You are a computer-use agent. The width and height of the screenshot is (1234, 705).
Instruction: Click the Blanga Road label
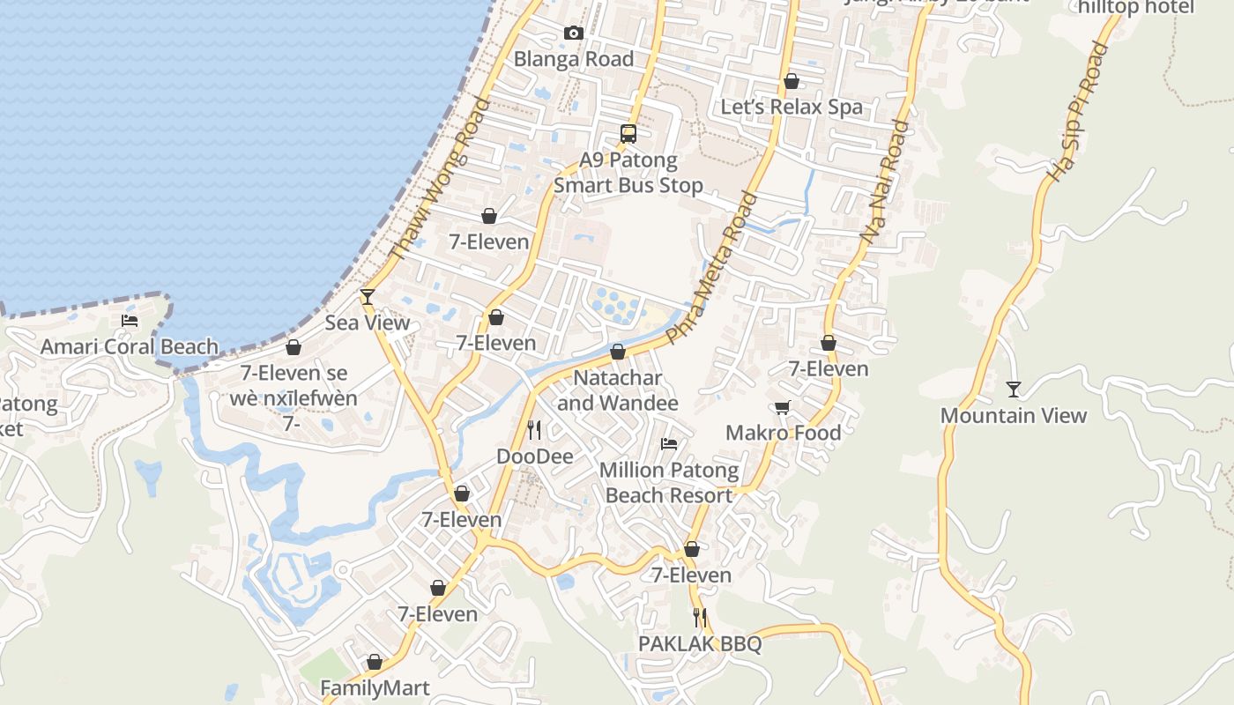point(574,59)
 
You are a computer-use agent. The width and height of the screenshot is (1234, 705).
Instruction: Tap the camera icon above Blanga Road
point(574,33)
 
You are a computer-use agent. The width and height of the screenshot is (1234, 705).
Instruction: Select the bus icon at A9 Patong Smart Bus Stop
point(628,134)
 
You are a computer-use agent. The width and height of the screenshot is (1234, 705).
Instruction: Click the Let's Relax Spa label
point(792,107)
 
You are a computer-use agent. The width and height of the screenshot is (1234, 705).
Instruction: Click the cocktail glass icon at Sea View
point(368,297)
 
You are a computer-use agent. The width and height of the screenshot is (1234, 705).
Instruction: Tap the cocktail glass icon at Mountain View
point(1014,389)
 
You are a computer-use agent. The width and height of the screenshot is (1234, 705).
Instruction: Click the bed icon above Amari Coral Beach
point(130,321)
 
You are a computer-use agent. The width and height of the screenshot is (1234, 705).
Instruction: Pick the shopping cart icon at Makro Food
point(782,407)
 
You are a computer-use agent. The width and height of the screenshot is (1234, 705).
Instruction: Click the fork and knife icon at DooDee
point(534,430)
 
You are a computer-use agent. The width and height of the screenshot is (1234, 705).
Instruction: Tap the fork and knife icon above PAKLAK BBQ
point(700,617)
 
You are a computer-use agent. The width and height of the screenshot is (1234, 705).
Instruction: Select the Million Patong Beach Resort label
point(669,482)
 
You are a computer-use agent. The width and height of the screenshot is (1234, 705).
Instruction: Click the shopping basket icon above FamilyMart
point(375,662)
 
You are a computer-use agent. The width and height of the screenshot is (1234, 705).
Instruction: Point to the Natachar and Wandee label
point(618,390)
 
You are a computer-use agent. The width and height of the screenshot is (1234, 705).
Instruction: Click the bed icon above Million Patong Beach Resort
point(669,444)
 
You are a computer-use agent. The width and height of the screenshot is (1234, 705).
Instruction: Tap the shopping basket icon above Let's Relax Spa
point(792,81)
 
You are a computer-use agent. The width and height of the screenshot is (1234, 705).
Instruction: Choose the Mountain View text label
point(1014,415)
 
